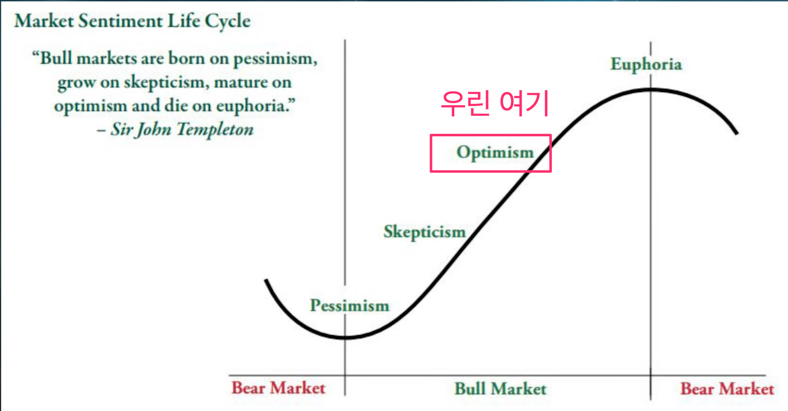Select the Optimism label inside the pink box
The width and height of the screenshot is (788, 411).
[495, 153]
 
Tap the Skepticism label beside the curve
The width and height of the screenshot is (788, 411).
[425, 232]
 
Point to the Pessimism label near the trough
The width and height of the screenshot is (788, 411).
[350, 306]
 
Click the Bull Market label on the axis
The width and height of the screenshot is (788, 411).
[501, 389]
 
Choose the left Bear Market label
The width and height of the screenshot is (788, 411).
[278, 388]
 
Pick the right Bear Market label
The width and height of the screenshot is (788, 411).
[727, 389]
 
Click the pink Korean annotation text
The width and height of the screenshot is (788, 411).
[495, 103]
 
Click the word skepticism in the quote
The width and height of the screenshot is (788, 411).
[164, 83]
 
